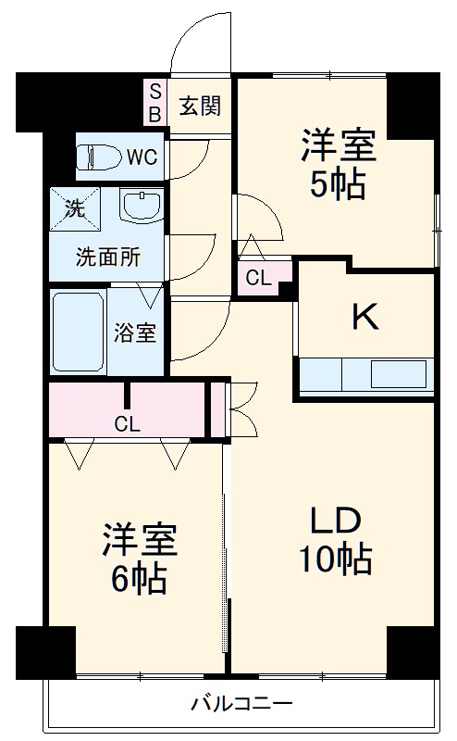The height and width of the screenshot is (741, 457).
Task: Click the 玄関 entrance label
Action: tap(199, 106)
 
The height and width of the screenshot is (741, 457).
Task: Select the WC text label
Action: tap(142, 157)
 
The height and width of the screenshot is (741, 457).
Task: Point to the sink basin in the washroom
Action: tap(142, 207)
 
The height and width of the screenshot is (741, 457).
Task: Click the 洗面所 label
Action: tap(108, 257)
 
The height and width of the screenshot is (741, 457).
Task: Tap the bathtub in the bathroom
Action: tap(78, 332)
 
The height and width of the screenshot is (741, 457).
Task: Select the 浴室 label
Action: tap(135, 333)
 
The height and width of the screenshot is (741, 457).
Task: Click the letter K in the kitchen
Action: tap(364, 317)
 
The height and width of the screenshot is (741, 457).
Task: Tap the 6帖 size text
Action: tap(138, 580)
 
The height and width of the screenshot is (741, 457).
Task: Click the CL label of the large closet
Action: tap(128, 423)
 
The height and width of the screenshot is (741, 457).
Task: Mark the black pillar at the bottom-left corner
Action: tap(44, 652)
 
